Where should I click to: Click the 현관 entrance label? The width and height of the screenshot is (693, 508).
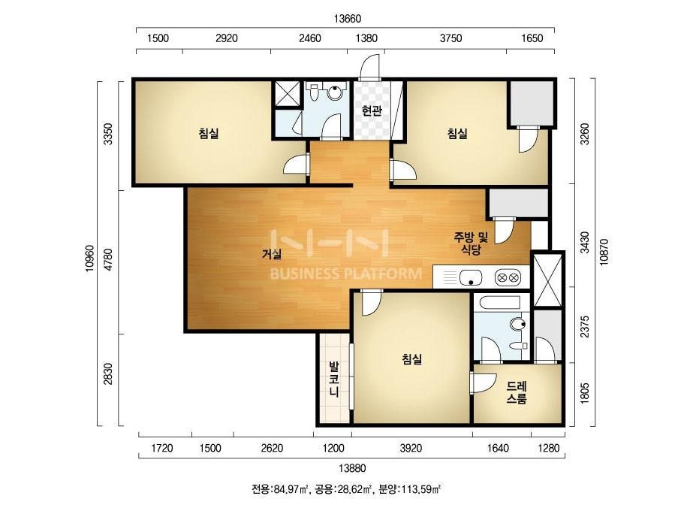(x=372, y=110)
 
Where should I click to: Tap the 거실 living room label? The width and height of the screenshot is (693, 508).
(x=273, y=253)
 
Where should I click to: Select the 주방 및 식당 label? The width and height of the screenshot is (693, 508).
(x=471, y=243)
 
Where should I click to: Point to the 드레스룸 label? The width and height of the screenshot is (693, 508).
(x=517, y=392)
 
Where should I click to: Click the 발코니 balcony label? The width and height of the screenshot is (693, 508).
(x=333, y=379)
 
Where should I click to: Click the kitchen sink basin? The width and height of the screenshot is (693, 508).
(x=470, y=278)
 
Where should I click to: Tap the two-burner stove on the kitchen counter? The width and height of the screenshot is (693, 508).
(x=508, y=278)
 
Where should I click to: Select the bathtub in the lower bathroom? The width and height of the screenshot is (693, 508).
(x=502, y=304)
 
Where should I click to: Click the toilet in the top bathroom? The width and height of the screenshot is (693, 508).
(x=314, y=91)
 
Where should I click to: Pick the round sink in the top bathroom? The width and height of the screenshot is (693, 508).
(x=336, y=92)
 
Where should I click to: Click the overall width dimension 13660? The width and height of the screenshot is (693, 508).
(x=348, y=19)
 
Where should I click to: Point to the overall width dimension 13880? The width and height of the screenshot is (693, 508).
(x=352, y=467)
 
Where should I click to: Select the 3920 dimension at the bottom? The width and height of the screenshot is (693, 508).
(x=411, y=449)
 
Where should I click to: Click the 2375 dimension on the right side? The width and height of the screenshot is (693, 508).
(x=584, y=326)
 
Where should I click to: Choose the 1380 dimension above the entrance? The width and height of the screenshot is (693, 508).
(x=367, y=38)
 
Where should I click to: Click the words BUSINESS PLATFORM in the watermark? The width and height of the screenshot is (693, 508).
(x=346, y=274)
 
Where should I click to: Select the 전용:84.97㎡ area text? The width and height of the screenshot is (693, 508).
(x=280, y=489)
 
